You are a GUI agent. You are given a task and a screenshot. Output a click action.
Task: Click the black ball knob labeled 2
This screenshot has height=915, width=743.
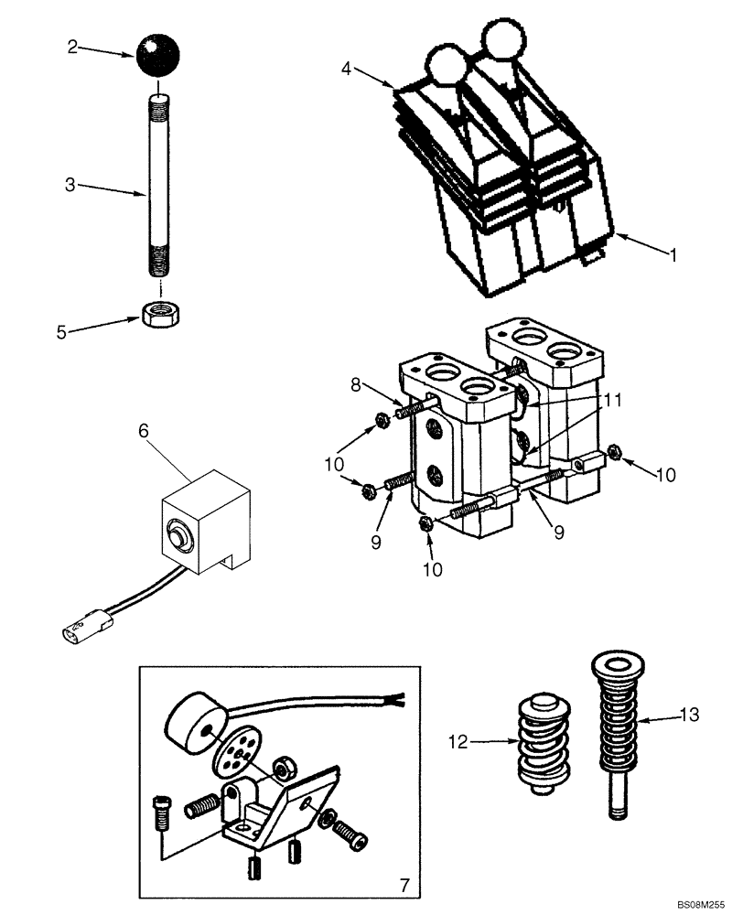160,58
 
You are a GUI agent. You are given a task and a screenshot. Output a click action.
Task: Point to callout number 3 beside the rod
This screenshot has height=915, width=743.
70,185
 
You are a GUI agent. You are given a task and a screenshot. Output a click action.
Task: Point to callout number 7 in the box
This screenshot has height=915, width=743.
403,885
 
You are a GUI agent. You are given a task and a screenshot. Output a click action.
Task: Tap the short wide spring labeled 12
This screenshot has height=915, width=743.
540,742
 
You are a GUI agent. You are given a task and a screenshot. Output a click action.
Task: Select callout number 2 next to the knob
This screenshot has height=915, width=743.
72,48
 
